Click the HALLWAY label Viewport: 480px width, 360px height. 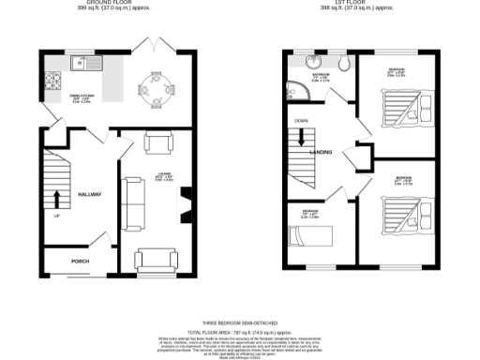(x=90, y=194)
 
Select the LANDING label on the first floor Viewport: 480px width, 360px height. (x=322, y=152)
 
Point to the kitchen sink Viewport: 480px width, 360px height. (x=82, y=64)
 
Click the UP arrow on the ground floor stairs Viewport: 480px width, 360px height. (x=56, y=200)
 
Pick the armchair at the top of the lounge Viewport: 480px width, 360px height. (x=158, y=142)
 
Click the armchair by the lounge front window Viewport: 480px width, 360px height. (x=156, y=260)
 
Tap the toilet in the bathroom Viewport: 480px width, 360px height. (x=343, y=64)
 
